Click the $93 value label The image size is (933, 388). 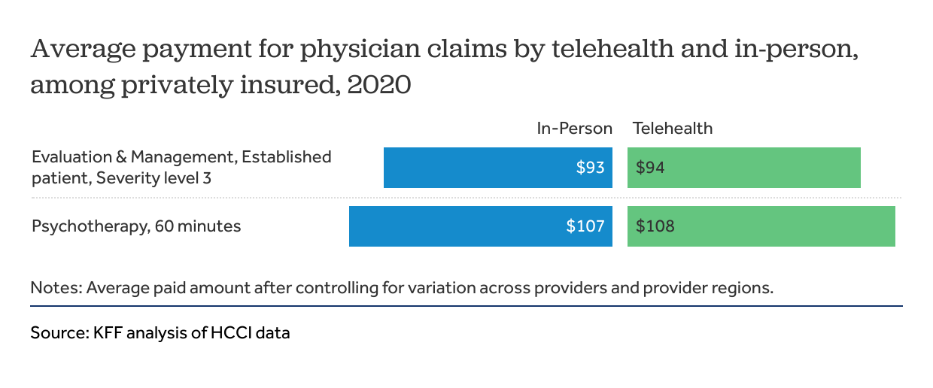(x=590, y=168)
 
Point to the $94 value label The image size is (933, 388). (x=650, y=168)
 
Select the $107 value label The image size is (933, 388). (x=585, y=226)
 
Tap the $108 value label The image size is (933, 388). (x=655, y=226)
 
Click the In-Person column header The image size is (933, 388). (x=574, y=128)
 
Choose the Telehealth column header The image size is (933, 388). (x=673, y=128)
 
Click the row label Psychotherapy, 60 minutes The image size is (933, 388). (x=136, y=226)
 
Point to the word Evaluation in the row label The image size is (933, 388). (x=70, y=157)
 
